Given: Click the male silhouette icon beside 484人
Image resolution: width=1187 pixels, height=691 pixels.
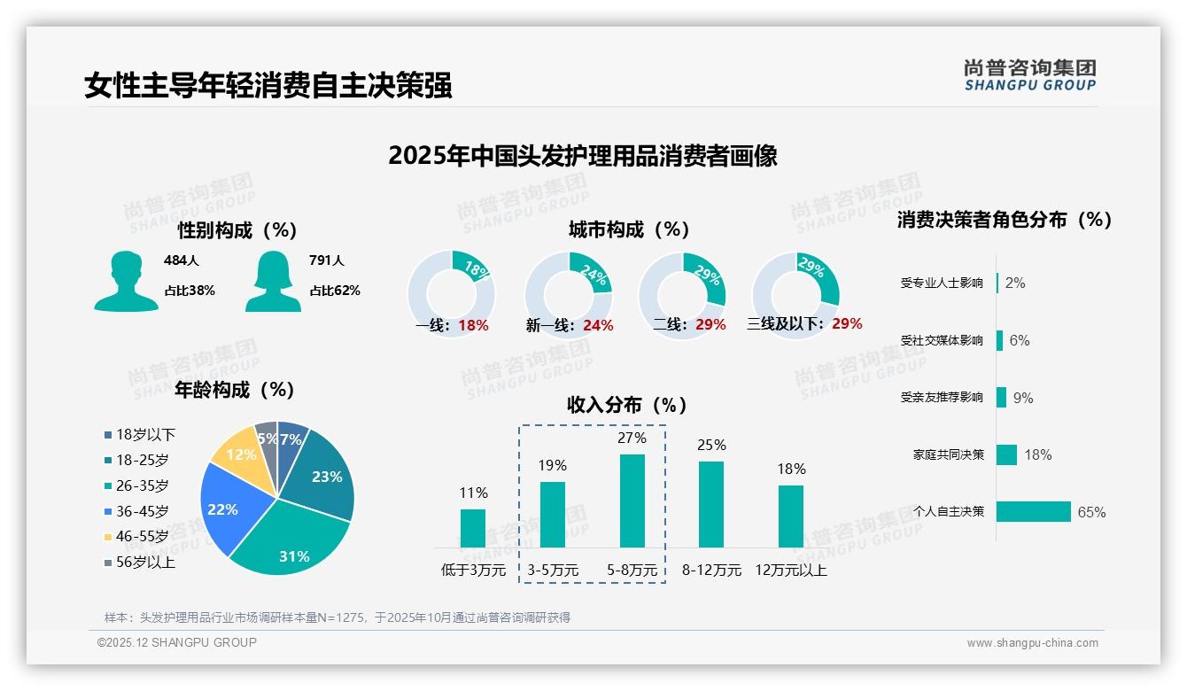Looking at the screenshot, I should pos(127,281).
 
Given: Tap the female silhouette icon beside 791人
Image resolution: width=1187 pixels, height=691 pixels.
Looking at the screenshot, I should pos(273,281).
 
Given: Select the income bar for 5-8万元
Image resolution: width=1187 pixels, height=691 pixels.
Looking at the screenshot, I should pos(632,501).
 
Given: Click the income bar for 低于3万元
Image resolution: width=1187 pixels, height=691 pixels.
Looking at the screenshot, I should pos(473,528).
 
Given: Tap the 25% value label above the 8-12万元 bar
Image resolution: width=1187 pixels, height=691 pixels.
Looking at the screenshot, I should pos(711,445).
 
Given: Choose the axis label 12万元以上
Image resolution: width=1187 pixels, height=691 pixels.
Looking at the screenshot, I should pos(790,571).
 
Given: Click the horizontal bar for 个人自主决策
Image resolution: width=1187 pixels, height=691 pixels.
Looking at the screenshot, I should pos(1034,512).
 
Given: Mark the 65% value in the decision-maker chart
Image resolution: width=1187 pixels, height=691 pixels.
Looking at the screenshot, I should pos(1091,512).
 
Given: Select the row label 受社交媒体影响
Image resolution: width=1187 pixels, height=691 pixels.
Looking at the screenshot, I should pos(942,340).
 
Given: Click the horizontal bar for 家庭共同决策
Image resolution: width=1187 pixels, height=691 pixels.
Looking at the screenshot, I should pos(1006,454).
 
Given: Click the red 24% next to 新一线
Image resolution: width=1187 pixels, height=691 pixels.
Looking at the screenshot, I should pos(598,326).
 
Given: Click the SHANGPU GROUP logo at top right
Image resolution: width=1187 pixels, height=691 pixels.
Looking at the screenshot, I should pos(1029,75).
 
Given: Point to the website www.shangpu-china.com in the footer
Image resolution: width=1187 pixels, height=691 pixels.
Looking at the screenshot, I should pos(1032,643).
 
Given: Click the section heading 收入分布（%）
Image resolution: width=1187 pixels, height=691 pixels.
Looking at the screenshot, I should pos(627,405).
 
